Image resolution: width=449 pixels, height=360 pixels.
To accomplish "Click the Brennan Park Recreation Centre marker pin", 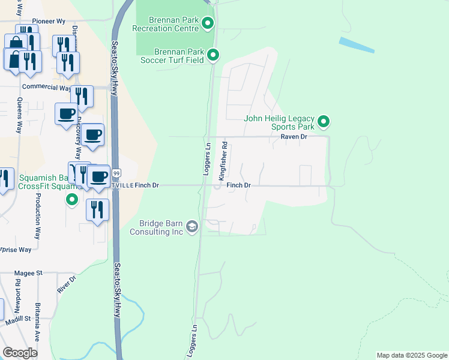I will click(x=208, y=24).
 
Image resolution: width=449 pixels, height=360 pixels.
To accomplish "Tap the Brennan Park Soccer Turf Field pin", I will click(x=212, y=56).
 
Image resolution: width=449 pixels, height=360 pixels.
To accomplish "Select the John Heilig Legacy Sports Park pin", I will click(x=324, y=122).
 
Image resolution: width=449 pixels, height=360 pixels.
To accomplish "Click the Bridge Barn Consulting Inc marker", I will click(x=192, y=227).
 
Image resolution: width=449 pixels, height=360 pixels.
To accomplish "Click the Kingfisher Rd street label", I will click(x=223, y=161).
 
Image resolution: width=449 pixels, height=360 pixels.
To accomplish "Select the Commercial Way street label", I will click(x=46, y=87).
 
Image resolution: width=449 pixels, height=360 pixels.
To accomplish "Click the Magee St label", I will click(x=31, y=272).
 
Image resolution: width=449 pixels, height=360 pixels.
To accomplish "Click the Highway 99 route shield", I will click(x=116, y=173).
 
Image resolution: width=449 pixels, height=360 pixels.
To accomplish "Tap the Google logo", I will click(x=20, y=353).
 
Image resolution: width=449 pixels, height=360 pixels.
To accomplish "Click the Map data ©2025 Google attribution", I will click(x=412, y=355).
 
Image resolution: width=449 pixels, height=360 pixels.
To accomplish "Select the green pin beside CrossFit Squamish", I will click(x=72, y=199).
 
